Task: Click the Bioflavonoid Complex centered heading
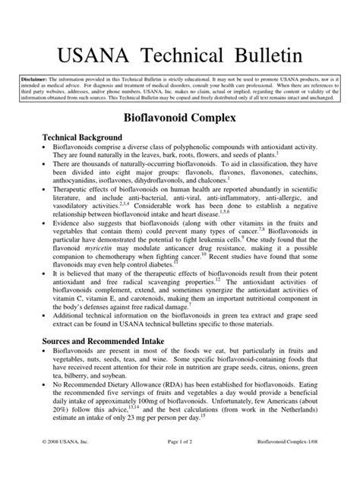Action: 180,119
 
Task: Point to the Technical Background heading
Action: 81,137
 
